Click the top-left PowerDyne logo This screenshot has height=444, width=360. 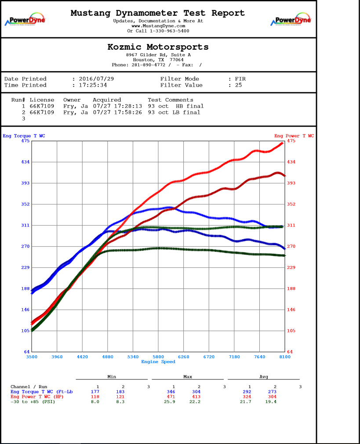click(25, 20)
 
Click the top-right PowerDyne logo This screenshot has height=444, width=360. click(291, 20)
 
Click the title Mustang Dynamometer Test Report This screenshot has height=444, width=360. click(158, 13)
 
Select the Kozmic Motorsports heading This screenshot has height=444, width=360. click(158, 47)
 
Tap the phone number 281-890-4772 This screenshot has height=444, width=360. click(149, 65)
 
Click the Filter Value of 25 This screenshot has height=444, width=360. click(238, 85)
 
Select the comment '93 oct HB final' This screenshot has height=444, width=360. click(175, 106)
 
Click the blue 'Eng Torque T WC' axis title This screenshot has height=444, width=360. click(24, 136)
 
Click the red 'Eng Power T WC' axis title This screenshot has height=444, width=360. click(294, 136)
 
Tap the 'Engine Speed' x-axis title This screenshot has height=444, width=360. click(158, 362)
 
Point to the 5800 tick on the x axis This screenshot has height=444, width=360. click(158, 357)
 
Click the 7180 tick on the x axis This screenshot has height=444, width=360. click(234, 357)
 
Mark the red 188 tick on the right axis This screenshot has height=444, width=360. click(291, 288)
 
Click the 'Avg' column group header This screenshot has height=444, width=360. click(264, 377)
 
